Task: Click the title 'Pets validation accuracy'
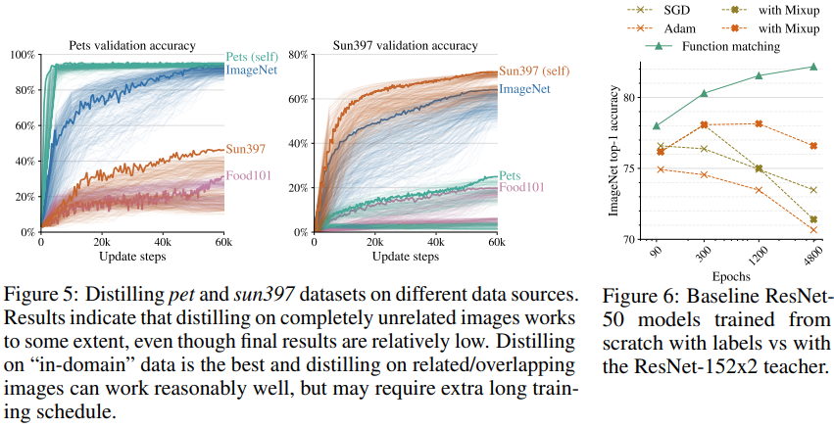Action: [x=131, y=45]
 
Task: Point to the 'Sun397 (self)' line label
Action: [x=539, y=71]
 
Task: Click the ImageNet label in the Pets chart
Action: [x=251, y=71]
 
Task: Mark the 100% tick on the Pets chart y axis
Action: [x=22, y=55]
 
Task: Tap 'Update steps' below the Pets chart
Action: [x=131, y=256]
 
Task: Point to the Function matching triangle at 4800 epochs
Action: [x=813, y=67]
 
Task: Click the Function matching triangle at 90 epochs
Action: [x=657, y=125]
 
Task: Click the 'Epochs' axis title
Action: [x=734, y=278]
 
